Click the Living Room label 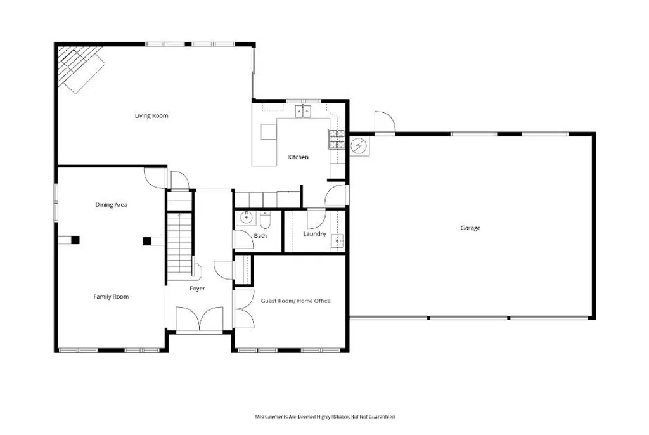tap(151, 115)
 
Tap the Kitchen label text tap(298, 157)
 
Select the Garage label tap(470, 228)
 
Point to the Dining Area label tap(112, 205)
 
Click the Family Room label tap(111, 297)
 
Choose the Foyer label tap(197, 289)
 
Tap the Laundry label tap(314, 234)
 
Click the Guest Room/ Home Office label tap(295, 301)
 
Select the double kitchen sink tap(302, 112)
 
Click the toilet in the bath tap(265, 219)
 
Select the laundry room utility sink tap(339, 240)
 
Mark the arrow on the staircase tap(180, 216)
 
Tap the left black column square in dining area tap(75, 240)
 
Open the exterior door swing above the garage tap(383, 122)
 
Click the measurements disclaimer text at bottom tap(324, 417)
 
